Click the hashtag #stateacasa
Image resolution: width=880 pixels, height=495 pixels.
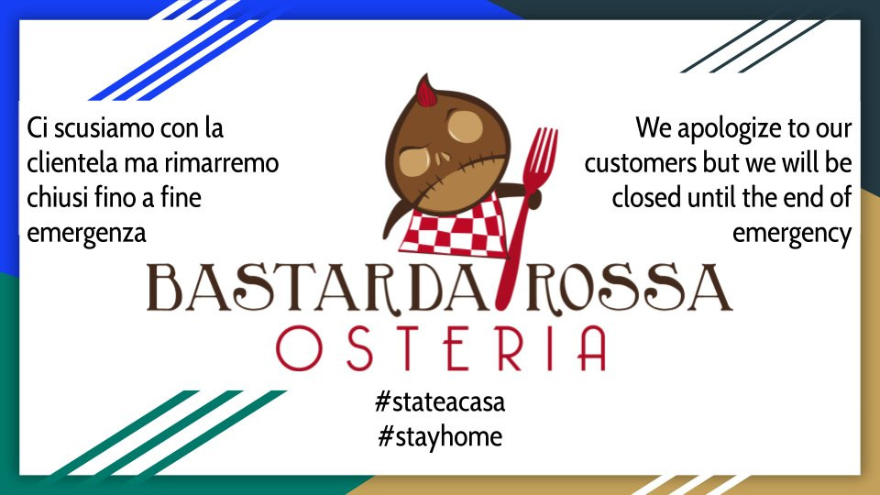(x=440, y=402)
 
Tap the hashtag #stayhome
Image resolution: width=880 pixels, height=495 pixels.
(x=440, y=436)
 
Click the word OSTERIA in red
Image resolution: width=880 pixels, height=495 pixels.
(x=441, y=348)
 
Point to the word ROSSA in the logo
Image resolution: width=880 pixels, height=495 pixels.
(x=630, y=287)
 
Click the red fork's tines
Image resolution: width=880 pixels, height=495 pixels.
(x=540, y=150)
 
